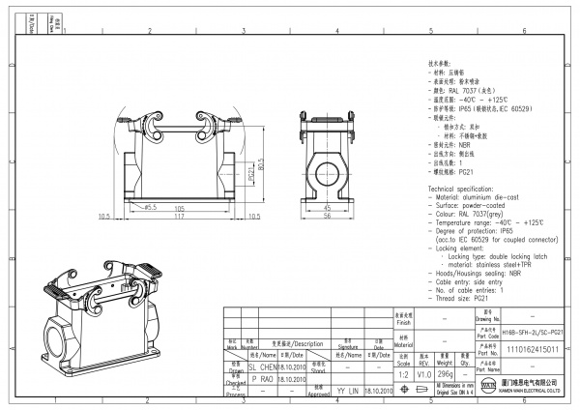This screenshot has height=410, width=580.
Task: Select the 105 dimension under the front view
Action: [x=179, y=208]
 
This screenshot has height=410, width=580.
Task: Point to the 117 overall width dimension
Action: [x=179, y=217]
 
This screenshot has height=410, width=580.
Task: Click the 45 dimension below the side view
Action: [x=327, y=208]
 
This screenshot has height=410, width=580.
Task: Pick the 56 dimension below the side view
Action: [x=327, y=217]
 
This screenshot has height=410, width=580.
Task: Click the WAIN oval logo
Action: [x=486, y=388]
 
